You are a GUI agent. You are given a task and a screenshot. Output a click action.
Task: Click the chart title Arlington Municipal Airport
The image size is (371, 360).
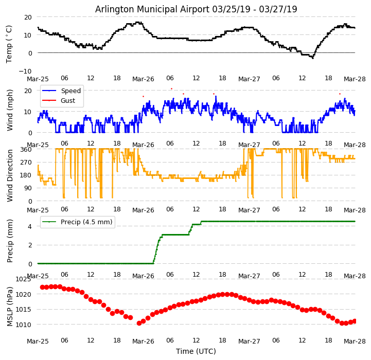click(196, 9)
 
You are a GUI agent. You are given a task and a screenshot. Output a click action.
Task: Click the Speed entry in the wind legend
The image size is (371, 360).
click(70, 91)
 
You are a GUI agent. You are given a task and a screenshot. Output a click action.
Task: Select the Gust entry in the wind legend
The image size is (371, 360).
click(68, 100)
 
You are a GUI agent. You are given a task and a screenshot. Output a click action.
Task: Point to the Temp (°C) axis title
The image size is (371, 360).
click(9, 44)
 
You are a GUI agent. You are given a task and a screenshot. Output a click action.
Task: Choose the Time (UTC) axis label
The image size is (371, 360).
click(196, 351)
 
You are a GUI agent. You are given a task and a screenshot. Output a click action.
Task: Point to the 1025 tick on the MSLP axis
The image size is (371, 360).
click(23, 279)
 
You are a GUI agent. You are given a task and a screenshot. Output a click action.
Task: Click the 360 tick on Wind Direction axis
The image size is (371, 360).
click(26, 149)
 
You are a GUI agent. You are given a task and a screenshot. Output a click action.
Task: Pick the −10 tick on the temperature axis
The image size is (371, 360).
click(25, 71)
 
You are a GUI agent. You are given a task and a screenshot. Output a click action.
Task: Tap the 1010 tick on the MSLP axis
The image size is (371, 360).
click(23, 325)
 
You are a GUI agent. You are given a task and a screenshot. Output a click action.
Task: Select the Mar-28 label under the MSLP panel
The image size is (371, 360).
click(355, 341)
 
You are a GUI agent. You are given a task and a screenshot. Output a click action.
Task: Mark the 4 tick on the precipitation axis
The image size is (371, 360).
click(30, 226)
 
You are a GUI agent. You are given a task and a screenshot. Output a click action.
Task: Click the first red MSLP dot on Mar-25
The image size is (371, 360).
click(42, 287)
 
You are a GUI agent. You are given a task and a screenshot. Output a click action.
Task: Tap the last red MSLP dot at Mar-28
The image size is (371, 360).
click(355, 321)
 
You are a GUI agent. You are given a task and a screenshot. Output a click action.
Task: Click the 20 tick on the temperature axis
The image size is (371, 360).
click(28, 17)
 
